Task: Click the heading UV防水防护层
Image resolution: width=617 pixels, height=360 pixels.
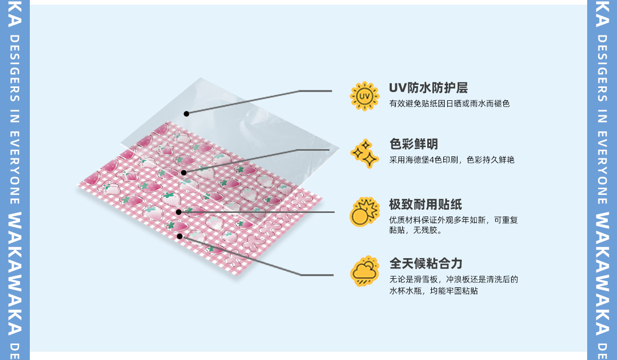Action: click(x=428, y=88)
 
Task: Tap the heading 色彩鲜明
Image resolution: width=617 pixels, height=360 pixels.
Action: click(x=413, y=144)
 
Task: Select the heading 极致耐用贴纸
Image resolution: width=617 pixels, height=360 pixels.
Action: click(x=425, y=205)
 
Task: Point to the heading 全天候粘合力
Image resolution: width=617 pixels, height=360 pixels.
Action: click(x=425, y=264)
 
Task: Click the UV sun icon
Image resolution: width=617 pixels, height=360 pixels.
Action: click(x=365, y=96)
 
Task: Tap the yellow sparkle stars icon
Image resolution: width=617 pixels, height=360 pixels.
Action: click(x=365, y=153)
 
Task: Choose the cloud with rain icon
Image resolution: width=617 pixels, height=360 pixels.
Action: click(x=365, y=271)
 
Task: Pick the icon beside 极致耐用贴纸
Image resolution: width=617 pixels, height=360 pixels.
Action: click(x=365, y=211)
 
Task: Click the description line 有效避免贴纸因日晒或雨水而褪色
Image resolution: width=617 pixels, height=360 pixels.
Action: click(x=449, y=104)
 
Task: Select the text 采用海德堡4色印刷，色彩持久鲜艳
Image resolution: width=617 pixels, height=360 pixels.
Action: click(x=451, y=160)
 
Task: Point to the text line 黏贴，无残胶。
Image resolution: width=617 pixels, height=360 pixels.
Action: click(x=415, y=230)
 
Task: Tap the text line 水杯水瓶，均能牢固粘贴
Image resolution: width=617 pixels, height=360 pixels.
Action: click(x=433, y=291)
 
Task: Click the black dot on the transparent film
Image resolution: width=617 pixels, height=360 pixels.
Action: click(x=186, y=114)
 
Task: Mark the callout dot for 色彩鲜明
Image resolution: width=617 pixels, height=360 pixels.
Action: click(x=184, y=173)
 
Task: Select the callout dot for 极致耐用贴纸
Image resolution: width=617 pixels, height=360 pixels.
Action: click(x=178, y=212)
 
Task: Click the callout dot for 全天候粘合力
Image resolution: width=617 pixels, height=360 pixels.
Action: click(x=179, y=236)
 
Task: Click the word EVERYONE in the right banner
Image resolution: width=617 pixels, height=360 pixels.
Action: click(x=602, y=168)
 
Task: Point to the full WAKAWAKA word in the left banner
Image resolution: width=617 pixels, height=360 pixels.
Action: click(x=15, y=273)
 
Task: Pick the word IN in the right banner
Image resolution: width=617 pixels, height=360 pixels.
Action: click(x=602, y=118)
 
